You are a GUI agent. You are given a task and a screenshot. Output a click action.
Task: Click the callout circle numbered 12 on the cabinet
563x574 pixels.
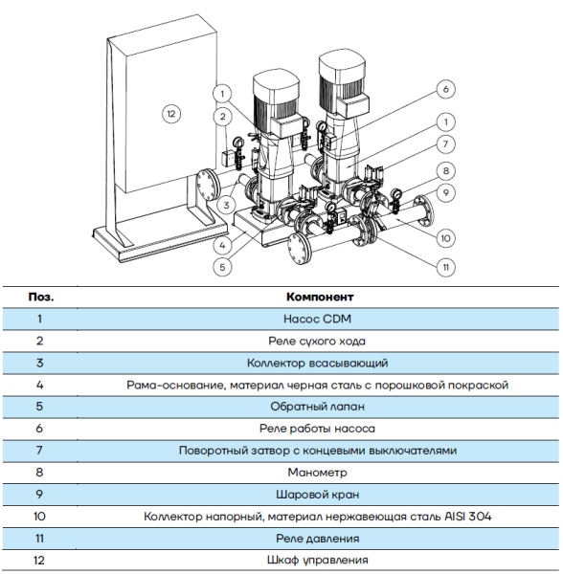(170, 114)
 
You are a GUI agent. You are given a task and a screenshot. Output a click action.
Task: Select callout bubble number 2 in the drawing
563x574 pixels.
(223, 117)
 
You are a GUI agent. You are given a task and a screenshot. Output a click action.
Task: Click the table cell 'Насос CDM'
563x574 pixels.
(317, 319)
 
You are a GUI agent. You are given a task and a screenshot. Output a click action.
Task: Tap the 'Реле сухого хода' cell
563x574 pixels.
(317, 341)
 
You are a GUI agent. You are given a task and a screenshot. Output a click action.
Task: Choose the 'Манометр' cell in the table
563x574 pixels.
(317, 472)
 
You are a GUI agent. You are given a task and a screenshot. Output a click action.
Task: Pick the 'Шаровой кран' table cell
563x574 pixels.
(317, 494)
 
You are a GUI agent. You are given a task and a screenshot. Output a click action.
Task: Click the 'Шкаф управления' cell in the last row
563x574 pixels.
(317, 560)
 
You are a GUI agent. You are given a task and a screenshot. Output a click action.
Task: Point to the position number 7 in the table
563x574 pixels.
(40, 450)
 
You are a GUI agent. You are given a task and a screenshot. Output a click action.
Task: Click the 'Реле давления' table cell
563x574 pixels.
(317, 538)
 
